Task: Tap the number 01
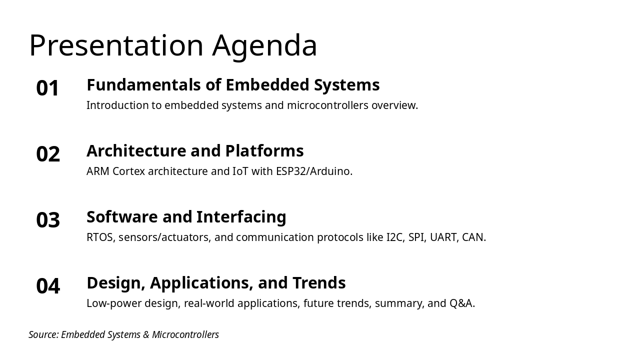click(x=47, y=88)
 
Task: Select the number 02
click(x=48, y=154)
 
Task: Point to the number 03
click(x=48, y=220)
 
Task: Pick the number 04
click(x=48, y=286)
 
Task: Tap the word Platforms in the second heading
click(x=264, y=151)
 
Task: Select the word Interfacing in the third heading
click(x=241, y=217)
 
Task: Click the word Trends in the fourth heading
click(x=319, y=283)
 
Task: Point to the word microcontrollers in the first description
click(x=327, y=105)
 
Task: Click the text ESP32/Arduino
click(x=314, y=171)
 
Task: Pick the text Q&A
click(x=462, y=303)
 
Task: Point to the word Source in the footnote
click(x=43, y=334)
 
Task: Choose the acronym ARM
click(x=98, y=171)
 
